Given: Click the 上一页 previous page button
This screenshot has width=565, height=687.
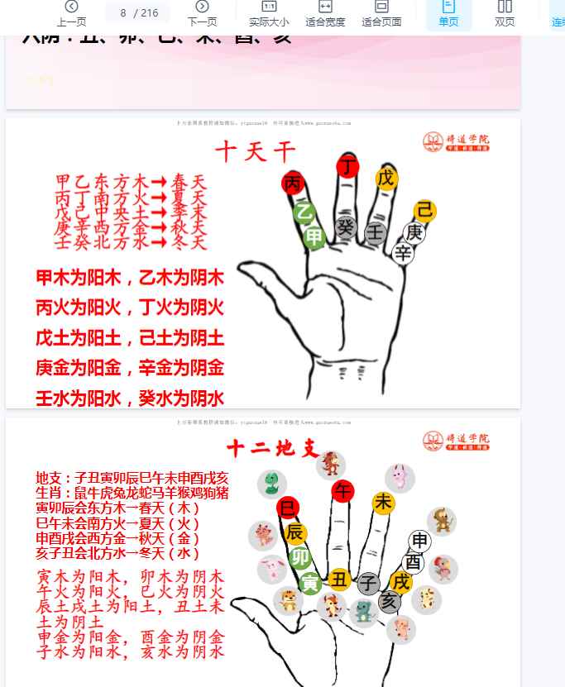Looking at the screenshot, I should [71, 12].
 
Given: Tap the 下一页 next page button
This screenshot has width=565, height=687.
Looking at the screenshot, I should [202, 12].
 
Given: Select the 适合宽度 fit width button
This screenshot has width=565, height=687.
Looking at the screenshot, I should [325, 12].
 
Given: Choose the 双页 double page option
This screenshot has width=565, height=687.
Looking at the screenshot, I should [505, 12].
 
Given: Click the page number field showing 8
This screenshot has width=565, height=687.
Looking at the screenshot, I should [124, 12].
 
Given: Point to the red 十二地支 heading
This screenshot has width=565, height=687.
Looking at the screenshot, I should [272, 448].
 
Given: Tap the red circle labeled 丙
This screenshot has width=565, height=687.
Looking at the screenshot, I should [293, 184].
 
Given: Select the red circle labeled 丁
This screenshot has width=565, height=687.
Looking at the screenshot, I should [348, 166].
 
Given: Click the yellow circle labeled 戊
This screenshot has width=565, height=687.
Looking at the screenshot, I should [385, 178].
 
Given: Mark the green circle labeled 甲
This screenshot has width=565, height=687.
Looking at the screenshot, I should [314, 238].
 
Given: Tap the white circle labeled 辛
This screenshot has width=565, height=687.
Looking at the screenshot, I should [403, 253].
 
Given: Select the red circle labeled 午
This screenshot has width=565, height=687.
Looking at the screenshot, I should [342, 491].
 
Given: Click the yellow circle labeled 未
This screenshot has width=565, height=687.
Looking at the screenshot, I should [383, 502].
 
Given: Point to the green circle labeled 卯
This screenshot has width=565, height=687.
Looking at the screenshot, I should [300, 557].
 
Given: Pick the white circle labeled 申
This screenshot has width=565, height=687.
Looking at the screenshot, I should [420, 541].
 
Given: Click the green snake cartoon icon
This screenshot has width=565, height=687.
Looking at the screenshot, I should [271, 484].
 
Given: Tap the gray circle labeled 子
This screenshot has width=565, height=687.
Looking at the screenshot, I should [368, 584].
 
